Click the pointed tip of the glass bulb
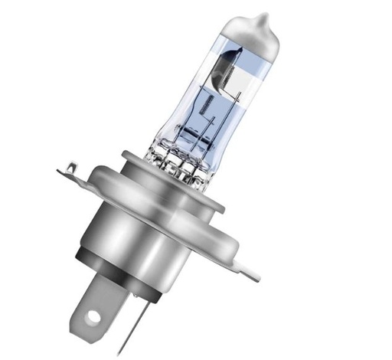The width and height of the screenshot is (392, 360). pos(264,17)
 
